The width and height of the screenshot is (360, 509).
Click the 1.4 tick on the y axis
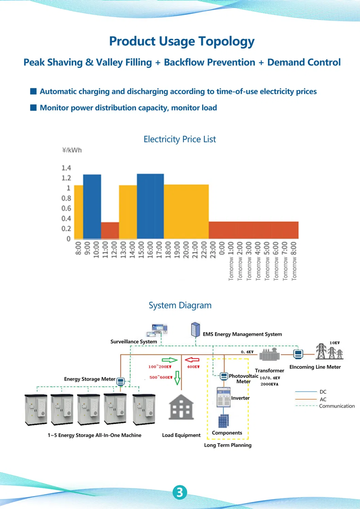66,168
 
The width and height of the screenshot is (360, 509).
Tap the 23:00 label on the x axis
213,250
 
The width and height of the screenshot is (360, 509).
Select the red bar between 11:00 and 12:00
110,230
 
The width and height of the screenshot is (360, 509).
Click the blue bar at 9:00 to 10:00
92,207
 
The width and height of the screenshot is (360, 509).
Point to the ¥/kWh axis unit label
72,150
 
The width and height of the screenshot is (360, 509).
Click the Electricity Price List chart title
180,139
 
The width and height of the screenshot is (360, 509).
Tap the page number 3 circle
180,492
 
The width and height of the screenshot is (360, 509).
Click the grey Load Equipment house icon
181,407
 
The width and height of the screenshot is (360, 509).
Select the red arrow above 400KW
192,360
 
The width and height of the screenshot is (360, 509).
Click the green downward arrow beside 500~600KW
177,378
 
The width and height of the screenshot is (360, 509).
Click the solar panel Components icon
223,421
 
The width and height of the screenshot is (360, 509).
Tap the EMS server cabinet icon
195,330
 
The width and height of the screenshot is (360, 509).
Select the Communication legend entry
325,406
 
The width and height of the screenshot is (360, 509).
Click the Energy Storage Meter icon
120,381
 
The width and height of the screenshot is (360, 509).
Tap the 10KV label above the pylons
335,343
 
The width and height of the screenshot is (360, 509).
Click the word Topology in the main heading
226,41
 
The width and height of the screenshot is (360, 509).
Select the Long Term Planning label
228,445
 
